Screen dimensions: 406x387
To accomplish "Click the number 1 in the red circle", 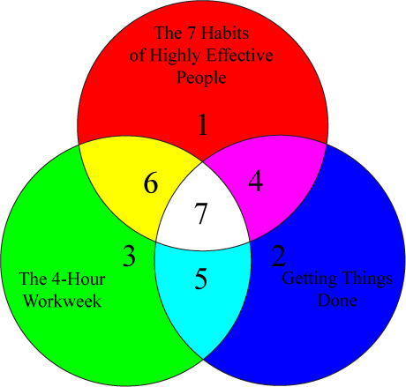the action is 203,124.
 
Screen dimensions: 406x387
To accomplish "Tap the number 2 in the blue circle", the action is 278,256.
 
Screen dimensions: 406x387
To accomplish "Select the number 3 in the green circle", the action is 129,256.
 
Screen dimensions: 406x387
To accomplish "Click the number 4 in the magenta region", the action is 255,182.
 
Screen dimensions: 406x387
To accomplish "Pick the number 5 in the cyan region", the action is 201,279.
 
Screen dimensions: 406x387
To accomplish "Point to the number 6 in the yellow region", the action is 151,183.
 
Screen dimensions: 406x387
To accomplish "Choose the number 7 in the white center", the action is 201,213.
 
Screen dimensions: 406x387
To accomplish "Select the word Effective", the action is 240,56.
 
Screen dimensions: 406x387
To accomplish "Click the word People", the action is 201,78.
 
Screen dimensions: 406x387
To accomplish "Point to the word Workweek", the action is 63,301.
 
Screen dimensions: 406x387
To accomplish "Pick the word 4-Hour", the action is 79,279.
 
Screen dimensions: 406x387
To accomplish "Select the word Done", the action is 337,300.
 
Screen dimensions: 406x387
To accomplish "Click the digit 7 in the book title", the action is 192,33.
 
